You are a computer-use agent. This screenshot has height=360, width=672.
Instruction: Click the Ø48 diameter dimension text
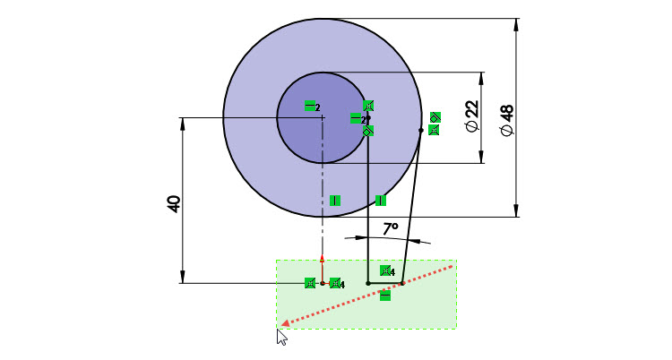point(506,120)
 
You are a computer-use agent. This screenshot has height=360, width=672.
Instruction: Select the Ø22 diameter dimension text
point(472,116)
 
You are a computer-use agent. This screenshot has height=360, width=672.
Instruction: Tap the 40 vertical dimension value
point(174,204)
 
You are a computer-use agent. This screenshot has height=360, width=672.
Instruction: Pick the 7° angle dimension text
point(391,229)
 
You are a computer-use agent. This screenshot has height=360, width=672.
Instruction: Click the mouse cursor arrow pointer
point(281,337)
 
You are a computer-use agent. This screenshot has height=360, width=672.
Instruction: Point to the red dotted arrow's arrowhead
point(284,324)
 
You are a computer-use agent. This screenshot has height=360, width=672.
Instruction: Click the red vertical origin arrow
point(323,269)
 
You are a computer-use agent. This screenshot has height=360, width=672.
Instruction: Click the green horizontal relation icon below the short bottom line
point(385,296)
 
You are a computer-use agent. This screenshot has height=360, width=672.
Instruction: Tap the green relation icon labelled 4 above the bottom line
point(386,270)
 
